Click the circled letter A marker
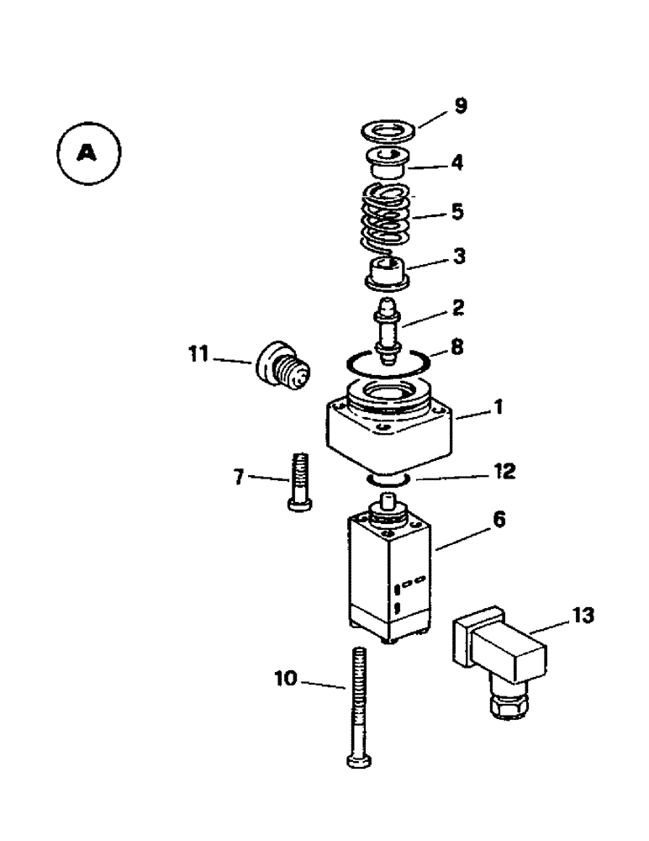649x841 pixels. click(88, 153)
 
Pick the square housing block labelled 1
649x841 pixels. click(391, 433)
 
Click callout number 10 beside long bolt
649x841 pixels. click(286, 677)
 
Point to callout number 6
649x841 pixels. click(499, 521)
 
